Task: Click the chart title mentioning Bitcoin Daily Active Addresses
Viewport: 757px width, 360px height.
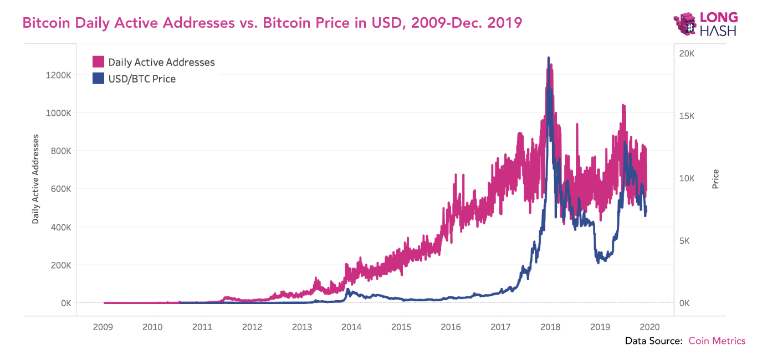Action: click(272, 23)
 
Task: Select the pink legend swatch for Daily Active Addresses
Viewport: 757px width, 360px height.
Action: click(98, 62)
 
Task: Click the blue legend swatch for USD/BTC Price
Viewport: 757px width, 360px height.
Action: click(98, 79)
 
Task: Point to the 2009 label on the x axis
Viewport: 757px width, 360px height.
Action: click(103, 327)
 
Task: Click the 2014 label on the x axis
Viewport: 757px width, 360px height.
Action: click(351, 327)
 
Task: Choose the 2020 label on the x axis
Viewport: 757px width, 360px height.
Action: click(649, 327)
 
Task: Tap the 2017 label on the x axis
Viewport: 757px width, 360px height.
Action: click(500, 327)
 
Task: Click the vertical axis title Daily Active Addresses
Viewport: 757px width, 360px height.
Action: click(36, 178)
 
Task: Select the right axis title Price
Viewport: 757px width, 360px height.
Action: click(715, 179)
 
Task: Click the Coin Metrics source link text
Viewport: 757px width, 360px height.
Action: click(717, 341)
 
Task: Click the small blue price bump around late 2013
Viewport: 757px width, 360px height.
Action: click(348, 290)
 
